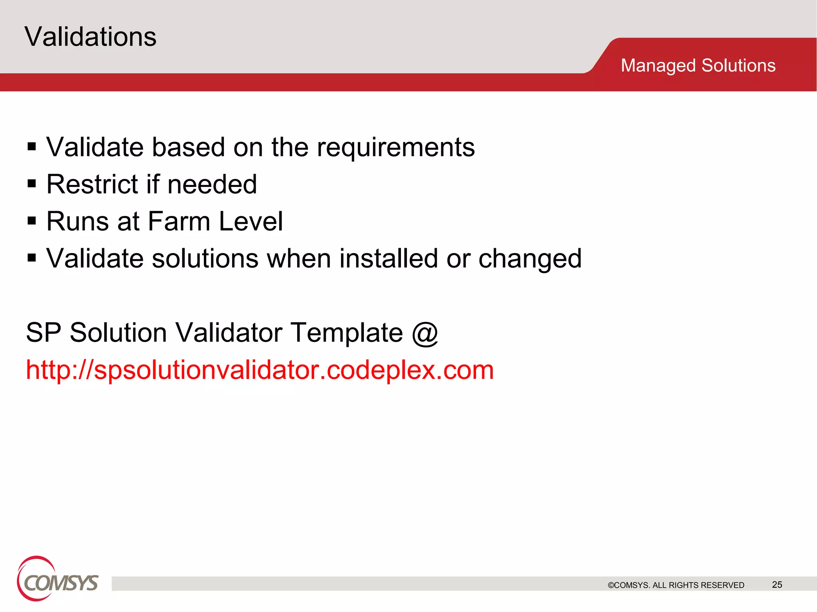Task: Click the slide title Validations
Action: (x=90, y=37)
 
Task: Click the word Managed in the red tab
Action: (x=658, y=66)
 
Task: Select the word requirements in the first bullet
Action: (x=396, y=148)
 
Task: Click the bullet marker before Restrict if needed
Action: (x=32, y=184)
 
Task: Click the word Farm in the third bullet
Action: (x=179, y=221)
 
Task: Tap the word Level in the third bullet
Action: (x=251, y=221)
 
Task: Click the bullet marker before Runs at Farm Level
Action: (x=32, y=221)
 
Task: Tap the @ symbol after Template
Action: (x=425, y=333)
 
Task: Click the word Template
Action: (x=346, y=333)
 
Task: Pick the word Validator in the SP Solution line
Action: (x=229, y=333)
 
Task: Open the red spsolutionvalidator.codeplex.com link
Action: (x=260, y=370)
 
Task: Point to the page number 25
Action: (x=777, y=585)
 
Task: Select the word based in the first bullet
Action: (x=188, y=147)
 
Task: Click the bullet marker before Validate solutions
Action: (x=32, y=258)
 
